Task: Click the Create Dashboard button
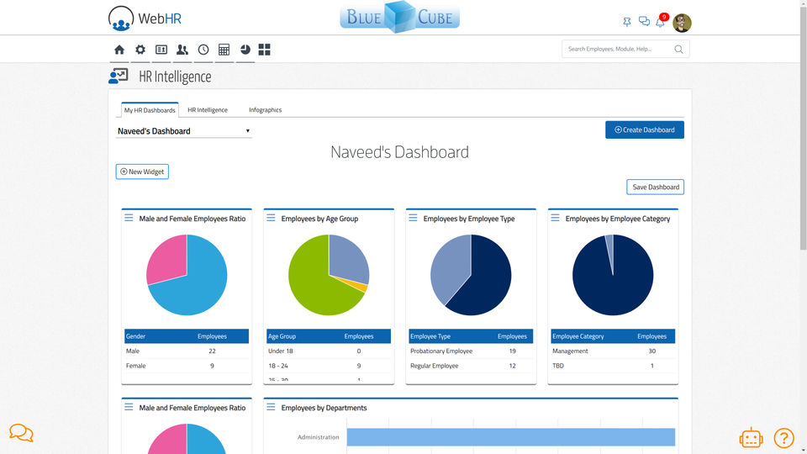(x=644, y=129)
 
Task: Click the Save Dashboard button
(x=655, y=187)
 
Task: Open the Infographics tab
(x=265, y=110)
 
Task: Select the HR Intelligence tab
(x=208, y=110)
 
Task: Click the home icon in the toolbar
(x=119, y=50)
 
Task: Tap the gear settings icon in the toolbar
(x=140, y=50)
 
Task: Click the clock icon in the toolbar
(x=203, y=50)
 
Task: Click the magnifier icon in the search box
(x=678, y=50)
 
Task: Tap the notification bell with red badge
(x=661, y=22)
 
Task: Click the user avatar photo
(x=682, y=23)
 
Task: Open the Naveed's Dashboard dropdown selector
(x=184, y=131)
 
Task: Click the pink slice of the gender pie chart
(x=166, y=258)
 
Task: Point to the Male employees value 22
(x=212, y=351)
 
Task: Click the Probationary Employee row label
(x=441, y=351)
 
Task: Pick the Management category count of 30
(x=651, y=351)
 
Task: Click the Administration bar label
(x=318, y=437)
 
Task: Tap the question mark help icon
(x=783, y=437)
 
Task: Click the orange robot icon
(x=751, y=437)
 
